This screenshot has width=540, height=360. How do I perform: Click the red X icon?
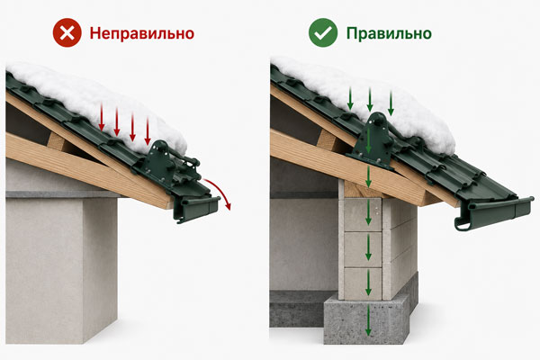point(67,32)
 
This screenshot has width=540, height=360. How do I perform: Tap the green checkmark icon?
point(323,32)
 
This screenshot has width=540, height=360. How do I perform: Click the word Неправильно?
point(142,34)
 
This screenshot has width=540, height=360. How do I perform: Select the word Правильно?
point(389,33)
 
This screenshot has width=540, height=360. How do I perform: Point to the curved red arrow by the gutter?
point(220,189)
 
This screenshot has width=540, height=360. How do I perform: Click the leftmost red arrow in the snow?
point(102,116)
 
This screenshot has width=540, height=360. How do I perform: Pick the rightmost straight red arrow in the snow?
point(148,130)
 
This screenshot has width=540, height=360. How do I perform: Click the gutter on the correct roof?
point(493,212)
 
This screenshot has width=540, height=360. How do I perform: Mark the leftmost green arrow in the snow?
point(350,99)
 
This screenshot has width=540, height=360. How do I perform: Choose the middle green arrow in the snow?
point(370,100)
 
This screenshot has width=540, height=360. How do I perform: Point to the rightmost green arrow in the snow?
point(391,103)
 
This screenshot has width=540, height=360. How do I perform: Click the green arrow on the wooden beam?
point(368,177)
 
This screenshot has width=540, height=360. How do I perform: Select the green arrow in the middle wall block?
point(368,247)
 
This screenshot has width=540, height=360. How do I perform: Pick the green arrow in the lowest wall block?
point(368,283)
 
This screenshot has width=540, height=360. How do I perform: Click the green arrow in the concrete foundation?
point(368,320)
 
